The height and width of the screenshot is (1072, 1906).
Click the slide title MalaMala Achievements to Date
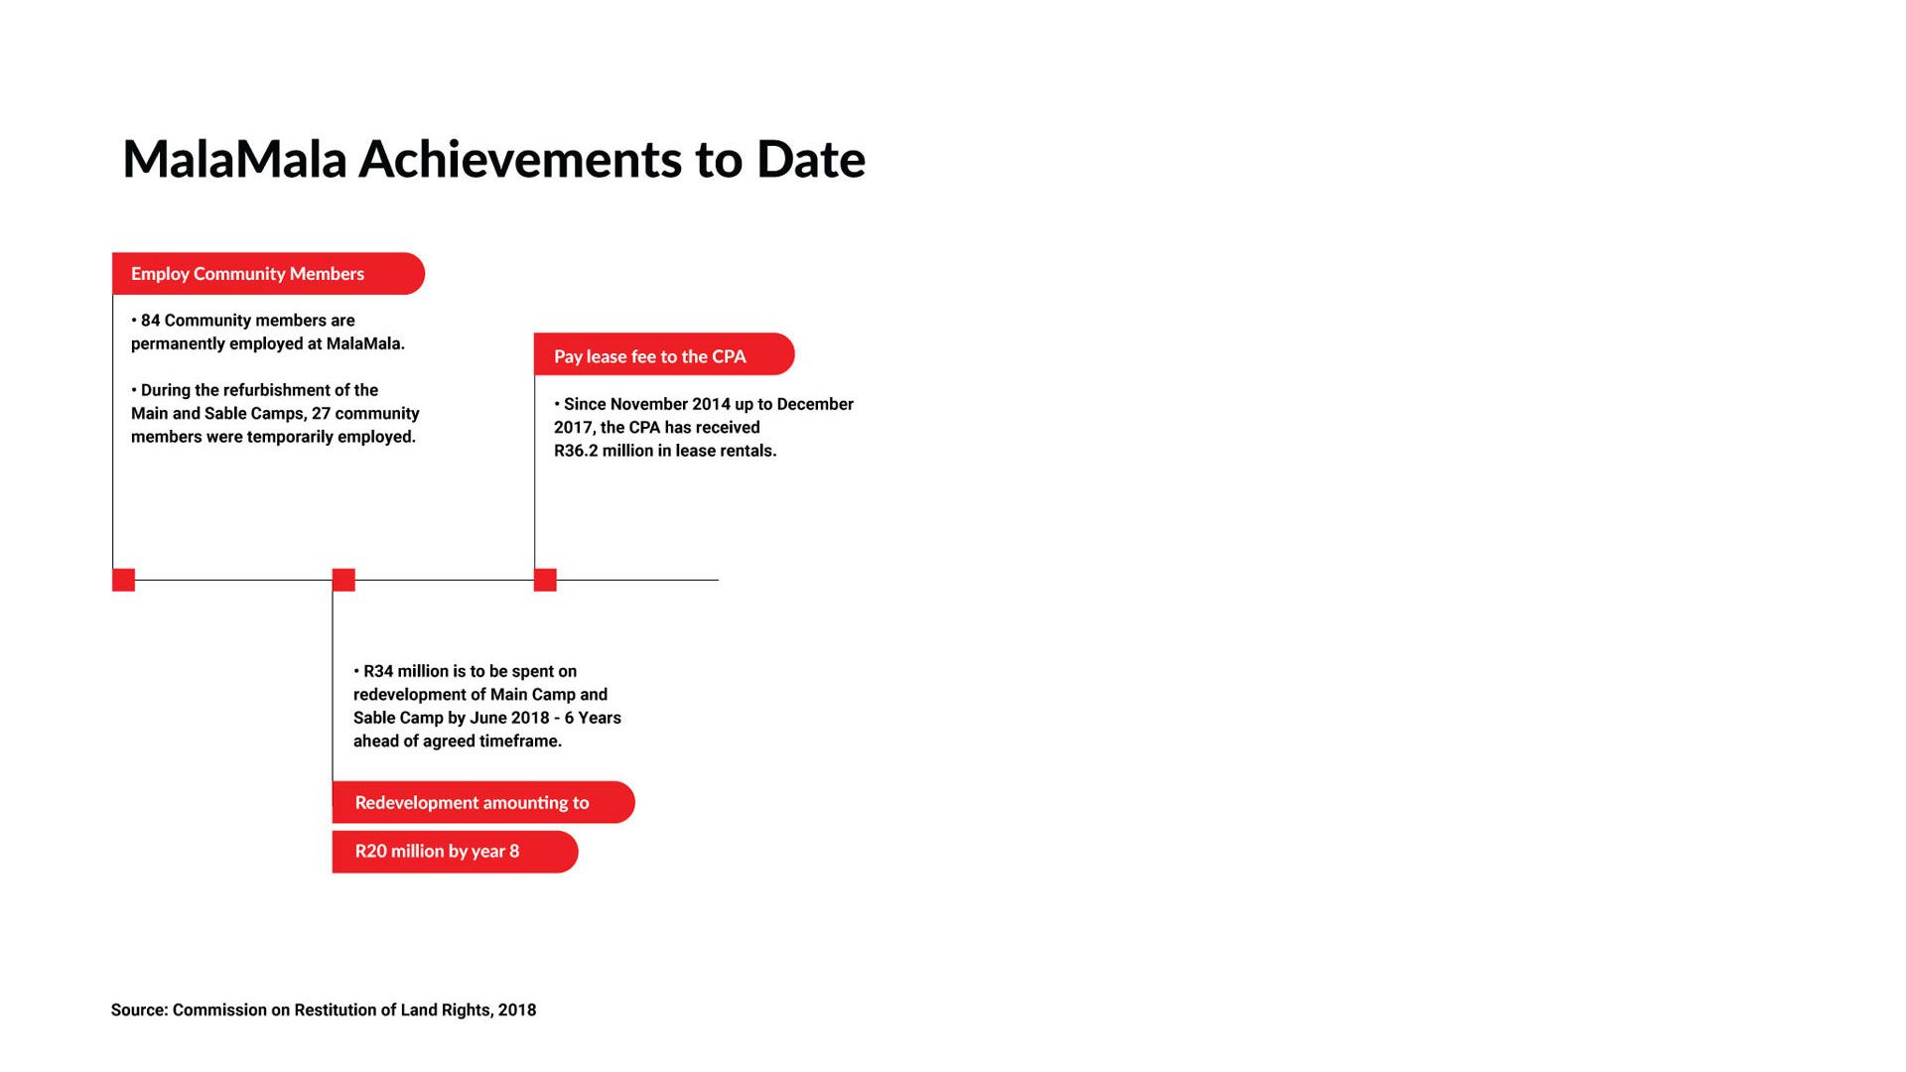(493, 160)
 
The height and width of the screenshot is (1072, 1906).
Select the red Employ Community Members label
(268, 273)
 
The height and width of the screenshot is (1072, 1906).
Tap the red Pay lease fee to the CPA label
(664, 354)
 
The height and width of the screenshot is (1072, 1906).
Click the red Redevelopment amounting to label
(483, 802)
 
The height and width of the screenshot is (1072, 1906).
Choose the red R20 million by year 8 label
(455, 852)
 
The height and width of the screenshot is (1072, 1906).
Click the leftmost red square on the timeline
(123, 580)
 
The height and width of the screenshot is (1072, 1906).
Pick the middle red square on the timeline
(343, 580)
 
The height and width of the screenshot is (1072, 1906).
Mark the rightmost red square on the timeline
(545, 580)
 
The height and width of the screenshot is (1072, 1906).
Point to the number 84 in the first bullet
(150, 321)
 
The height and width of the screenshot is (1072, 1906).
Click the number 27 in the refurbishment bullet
(321, 413)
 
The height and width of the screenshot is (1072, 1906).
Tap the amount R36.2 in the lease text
(577, 451)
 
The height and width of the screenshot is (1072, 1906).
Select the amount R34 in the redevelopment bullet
(378, 671)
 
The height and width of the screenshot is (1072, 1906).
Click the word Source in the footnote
(139, 1009)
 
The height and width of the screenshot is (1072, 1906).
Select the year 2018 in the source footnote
(517, 1009)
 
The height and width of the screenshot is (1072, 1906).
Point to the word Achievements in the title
(520, 160)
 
